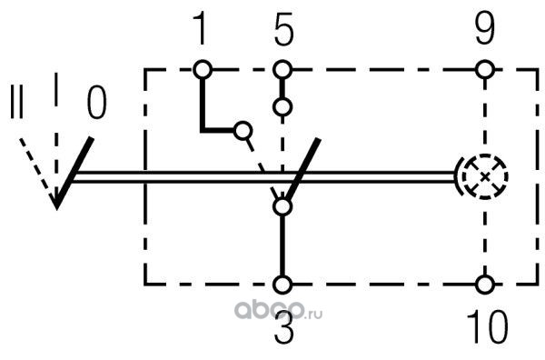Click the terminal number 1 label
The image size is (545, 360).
201,28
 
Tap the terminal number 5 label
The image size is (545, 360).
283,29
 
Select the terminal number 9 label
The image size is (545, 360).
484,28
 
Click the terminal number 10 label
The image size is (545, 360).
487,326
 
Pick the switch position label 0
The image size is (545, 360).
96,103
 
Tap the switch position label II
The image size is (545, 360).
16,101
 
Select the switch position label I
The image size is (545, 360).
56,89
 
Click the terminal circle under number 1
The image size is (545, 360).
203,70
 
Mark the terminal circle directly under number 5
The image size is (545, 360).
282,70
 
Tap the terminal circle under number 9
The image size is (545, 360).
485,70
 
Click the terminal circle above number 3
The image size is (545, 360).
282,285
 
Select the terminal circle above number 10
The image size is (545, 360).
485,285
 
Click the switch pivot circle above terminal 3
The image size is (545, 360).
282,207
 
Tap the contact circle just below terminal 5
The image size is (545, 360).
282,106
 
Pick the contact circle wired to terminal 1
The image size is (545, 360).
243,131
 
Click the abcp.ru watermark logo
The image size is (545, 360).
278,310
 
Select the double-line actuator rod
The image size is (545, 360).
264,176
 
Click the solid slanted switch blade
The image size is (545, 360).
302,170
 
